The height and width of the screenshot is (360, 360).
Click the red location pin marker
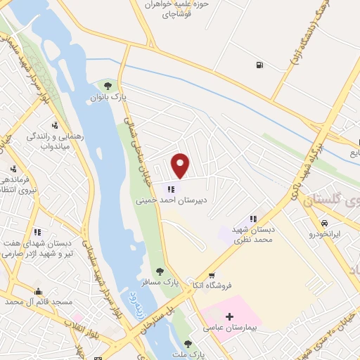[181, 165]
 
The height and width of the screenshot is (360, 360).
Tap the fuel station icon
[261, 65]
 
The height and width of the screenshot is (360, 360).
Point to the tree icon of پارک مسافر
[160, 271]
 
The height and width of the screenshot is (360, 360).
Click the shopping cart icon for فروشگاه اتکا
[212, 275]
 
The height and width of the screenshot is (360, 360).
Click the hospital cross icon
[230, 317]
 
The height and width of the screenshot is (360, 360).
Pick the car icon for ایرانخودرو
[324, 223]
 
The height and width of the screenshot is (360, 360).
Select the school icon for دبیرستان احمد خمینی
[171, 188]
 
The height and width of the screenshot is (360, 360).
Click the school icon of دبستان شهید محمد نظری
[253, 219]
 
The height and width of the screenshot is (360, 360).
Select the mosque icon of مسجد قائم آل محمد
[38, 291]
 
